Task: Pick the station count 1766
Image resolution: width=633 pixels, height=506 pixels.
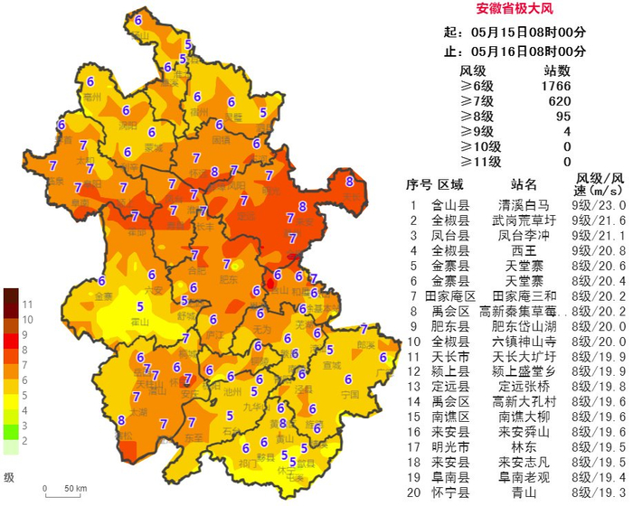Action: [556, 86]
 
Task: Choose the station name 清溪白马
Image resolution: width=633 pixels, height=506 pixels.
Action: [524, 205]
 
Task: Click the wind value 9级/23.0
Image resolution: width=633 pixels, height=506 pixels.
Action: [600, 205]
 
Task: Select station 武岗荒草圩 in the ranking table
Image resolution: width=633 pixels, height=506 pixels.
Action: [524, 220]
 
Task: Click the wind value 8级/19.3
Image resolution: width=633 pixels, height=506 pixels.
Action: [600, 492]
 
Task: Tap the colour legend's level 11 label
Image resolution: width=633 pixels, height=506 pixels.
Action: [28, 304]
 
